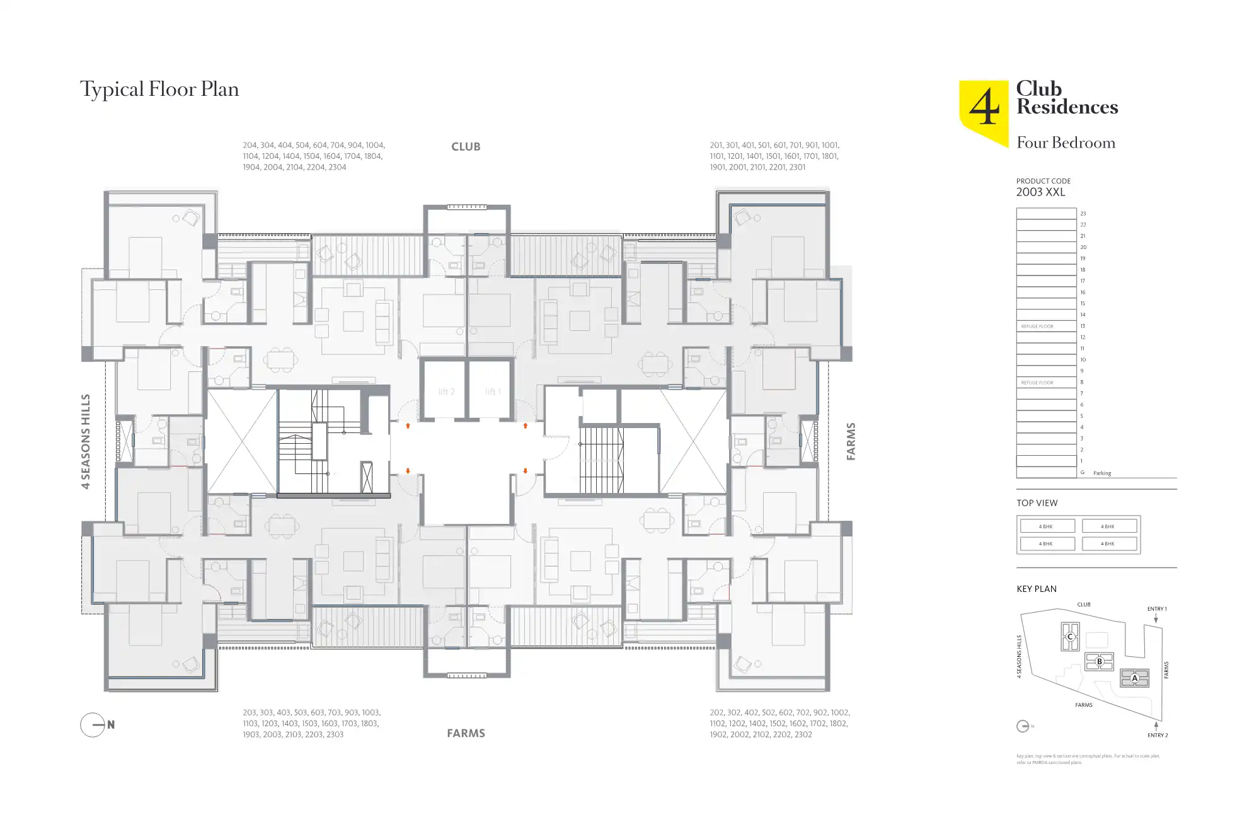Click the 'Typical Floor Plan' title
click(x=159, y=90)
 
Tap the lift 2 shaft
click(x=446, y=391)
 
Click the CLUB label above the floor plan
click(x=466, y=147)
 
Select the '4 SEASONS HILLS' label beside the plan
click(x=86, y=441)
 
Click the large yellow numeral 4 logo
click(x=984, y=108)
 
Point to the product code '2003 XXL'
click(x=1040, y=192)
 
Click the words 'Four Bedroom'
click(x=1066, y=143)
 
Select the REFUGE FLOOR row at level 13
click(x=1045, y=327)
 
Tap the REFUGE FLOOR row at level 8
click(x=1045, y=383)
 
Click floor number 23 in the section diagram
click(x=1083, y=214)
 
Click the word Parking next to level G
click(x=1102, y=473)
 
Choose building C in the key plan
click(x=1070, y=637)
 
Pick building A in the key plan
click(x=1134, y=678)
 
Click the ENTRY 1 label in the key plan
click(x=1157, y=609)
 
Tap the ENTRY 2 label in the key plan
click(x=1158, y=735)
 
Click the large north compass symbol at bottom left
click(x=93, y=725)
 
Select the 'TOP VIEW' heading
click(x=1037, y=503)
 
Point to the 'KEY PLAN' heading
click(x=1036, y=589)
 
